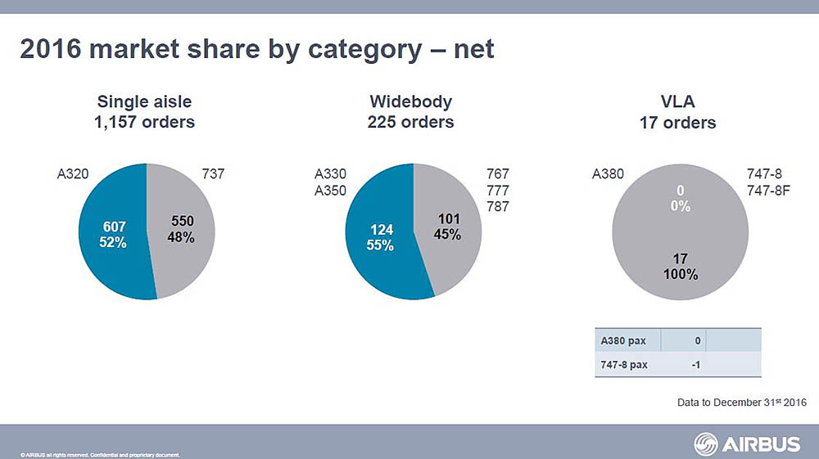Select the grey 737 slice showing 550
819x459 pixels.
[x=182, y=229]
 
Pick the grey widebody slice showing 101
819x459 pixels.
[x=449, y=227]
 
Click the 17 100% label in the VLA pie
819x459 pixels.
[x=680, y=267]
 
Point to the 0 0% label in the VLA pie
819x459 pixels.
[x=680, y=199]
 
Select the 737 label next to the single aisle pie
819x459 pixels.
[x=212, y=174]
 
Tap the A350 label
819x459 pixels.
[x=331, y=191]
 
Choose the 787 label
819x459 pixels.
[x=497, y=207]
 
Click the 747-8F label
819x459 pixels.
[x=768, y=191]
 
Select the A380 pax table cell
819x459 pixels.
[x=624, y=340]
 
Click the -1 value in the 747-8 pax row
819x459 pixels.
[x=695, y=365]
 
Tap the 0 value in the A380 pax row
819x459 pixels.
[x=697, y=340]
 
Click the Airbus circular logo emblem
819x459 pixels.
[x=706, y=444]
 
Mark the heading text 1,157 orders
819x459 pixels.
[x=145, y=122]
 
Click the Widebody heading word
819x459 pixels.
[x=410, y=102]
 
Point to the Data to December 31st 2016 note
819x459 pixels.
[x=742, y=403]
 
